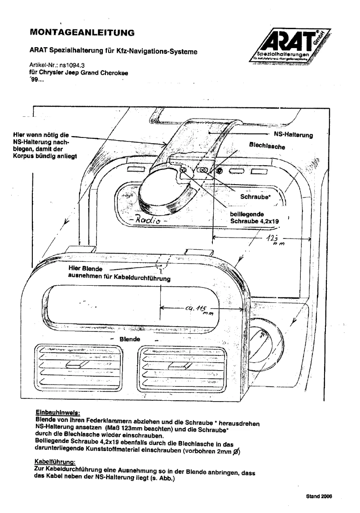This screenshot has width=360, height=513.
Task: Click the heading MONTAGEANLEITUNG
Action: point(82,32)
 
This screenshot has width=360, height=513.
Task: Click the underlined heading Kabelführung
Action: point(55,461)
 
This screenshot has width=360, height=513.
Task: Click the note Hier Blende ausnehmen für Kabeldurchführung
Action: point(119,274)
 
